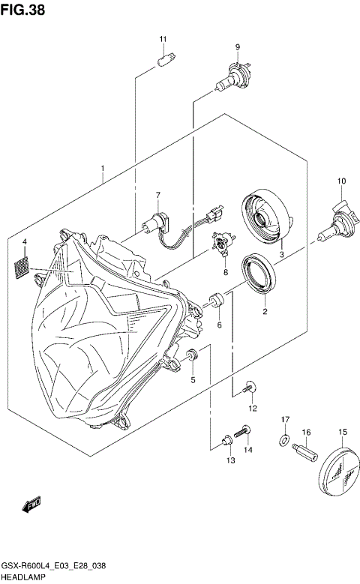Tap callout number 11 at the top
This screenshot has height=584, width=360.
(162, 39)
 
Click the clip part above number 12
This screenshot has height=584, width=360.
(250, 387)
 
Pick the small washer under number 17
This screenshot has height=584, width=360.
(286, 439)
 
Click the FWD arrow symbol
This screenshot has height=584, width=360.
(32, 507)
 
